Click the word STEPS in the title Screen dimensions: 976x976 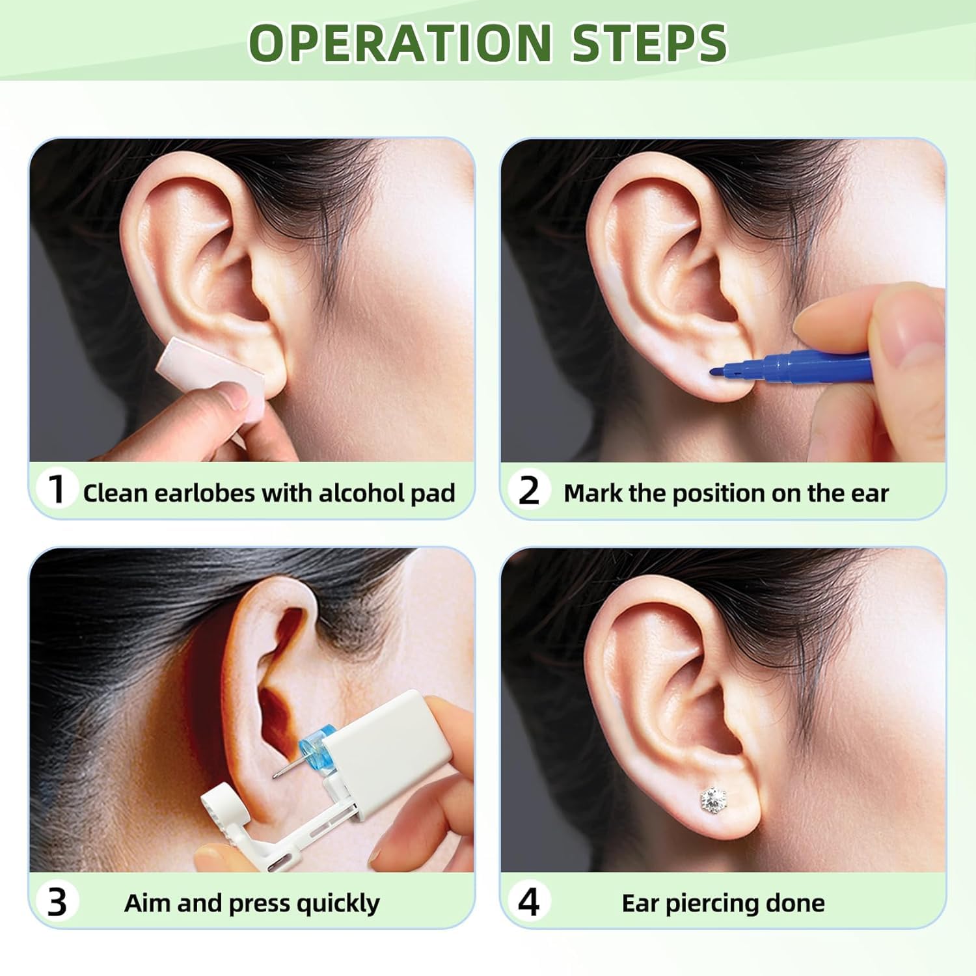point(649,43)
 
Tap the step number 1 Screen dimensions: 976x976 point(58,490)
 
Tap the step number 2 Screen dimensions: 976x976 point(528,491)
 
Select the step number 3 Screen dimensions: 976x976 point(57,902)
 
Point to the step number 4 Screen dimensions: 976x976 point(528,902)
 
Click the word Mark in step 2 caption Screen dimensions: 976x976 point(593,493)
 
